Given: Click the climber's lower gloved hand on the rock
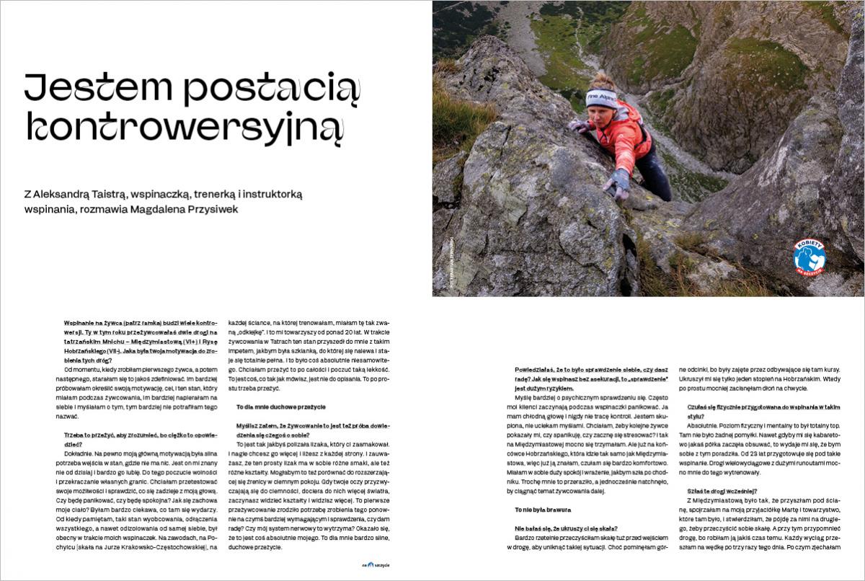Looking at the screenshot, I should click(617, 184).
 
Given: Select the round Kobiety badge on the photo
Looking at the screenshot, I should click(809, 256).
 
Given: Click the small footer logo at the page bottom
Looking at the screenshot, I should click(376, 564).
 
